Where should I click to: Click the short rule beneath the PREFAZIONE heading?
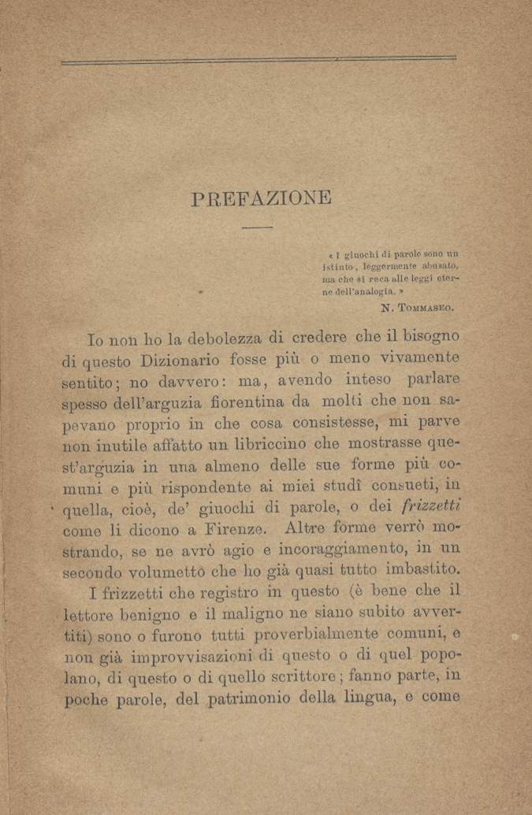(x=257, y=228)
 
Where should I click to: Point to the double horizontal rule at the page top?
(x=259, y=60)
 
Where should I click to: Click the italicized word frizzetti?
(x=430, y=505)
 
